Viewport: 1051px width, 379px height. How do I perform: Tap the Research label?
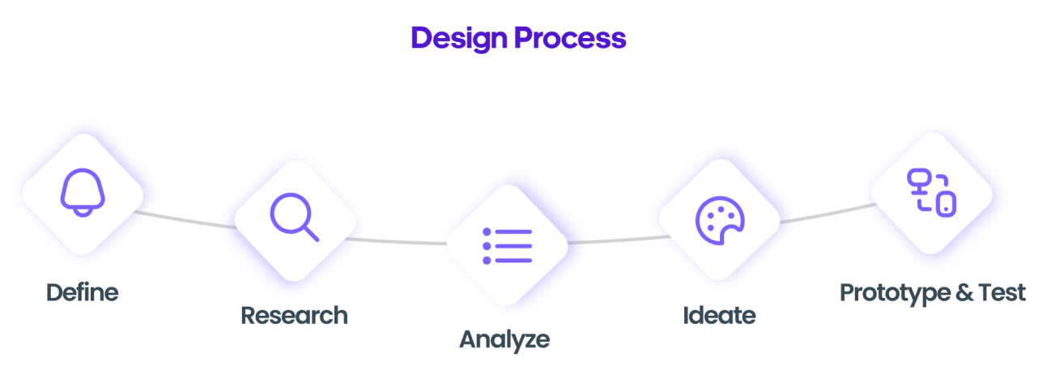(x=294, y=313)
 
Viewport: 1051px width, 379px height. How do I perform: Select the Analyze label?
(x=504, y=337)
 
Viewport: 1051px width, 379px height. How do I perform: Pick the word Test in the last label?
(x=1001, y=292)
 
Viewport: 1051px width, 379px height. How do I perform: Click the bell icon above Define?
(x=83, y=193)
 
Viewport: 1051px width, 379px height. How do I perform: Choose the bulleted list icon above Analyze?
(x=508, y=245)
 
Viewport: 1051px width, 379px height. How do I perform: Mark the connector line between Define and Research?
(x=188, y=218)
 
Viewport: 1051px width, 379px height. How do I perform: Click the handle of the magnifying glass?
(x=310, y=233)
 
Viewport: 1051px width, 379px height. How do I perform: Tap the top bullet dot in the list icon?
(x=487, y=232)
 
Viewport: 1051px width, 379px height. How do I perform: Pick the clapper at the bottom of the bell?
(x=83, y=212)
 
